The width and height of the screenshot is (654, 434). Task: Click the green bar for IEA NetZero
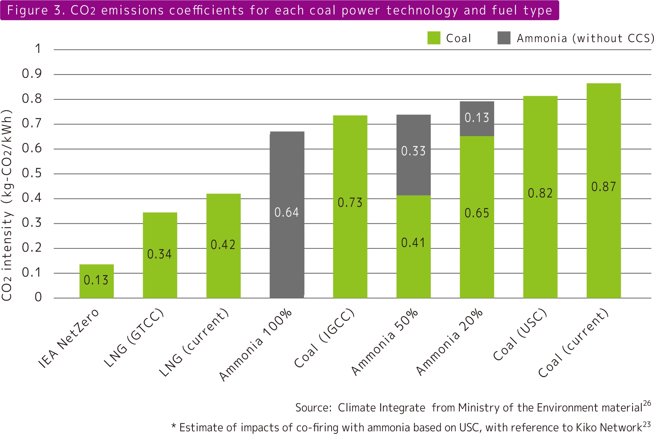(96, 281)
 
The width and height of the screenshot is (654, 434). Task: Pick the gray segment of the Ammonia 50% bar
(413, 155)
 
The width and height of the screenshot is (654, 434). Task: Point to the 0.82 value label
(540, 193)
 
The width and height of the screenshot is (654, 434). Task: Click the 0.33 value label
(413, 151)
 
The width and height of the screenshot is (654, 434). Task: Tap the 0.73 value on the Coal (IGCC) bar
(350, 203)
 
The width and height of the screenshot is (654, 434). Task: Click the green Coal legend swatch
(434, 38)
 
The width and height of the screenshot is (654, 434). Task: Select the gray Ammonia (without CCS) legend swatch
(504, 38)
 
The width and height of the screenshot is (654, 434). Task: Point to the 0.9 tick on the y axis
(32, 74)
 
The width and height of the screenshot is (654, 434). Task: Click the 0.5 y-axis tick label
(32, 173)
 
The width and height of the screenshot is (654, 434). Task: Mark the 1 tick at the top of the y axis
(38, 49)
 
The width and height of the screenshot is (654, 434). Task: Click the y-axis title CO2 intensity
(7, 206)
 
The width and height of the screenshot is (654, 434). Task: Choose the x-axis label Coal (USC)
(520, 335)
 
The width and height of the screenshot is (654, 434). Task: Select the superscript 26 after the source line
(647, 404)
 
